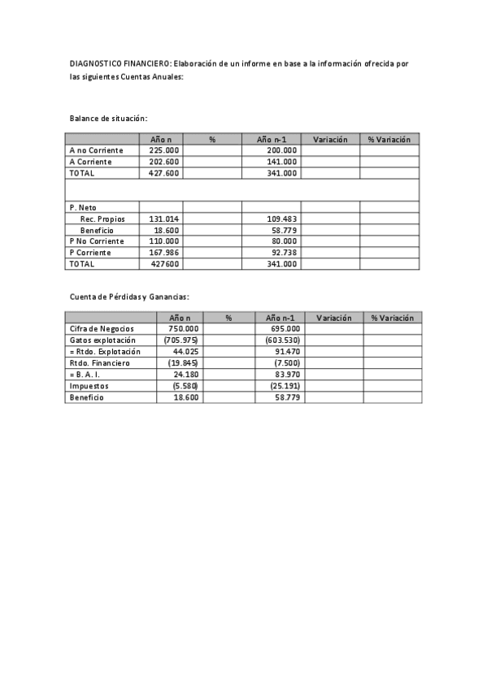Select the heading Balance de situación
pos(108,119)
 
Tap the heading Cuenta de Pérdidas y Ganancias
pos(128,297)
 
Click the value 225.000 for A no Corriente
pos(163,150)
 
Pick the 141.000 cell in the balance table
pos(281,162)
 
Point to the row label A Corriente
pos(90,162)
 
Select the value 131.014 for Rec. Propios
pos(163,219)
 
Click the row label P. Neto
pos(83,208)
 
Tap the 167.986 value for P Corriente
pos(163,253)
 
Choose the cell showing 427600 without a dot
pos(165,264)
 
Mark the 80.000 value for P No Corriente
pos(282,241)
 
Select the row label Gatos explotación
pos(102,340)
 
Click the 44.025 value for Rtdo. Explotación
pos(185,351)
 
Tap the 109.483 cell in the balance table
pos(282,219)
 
